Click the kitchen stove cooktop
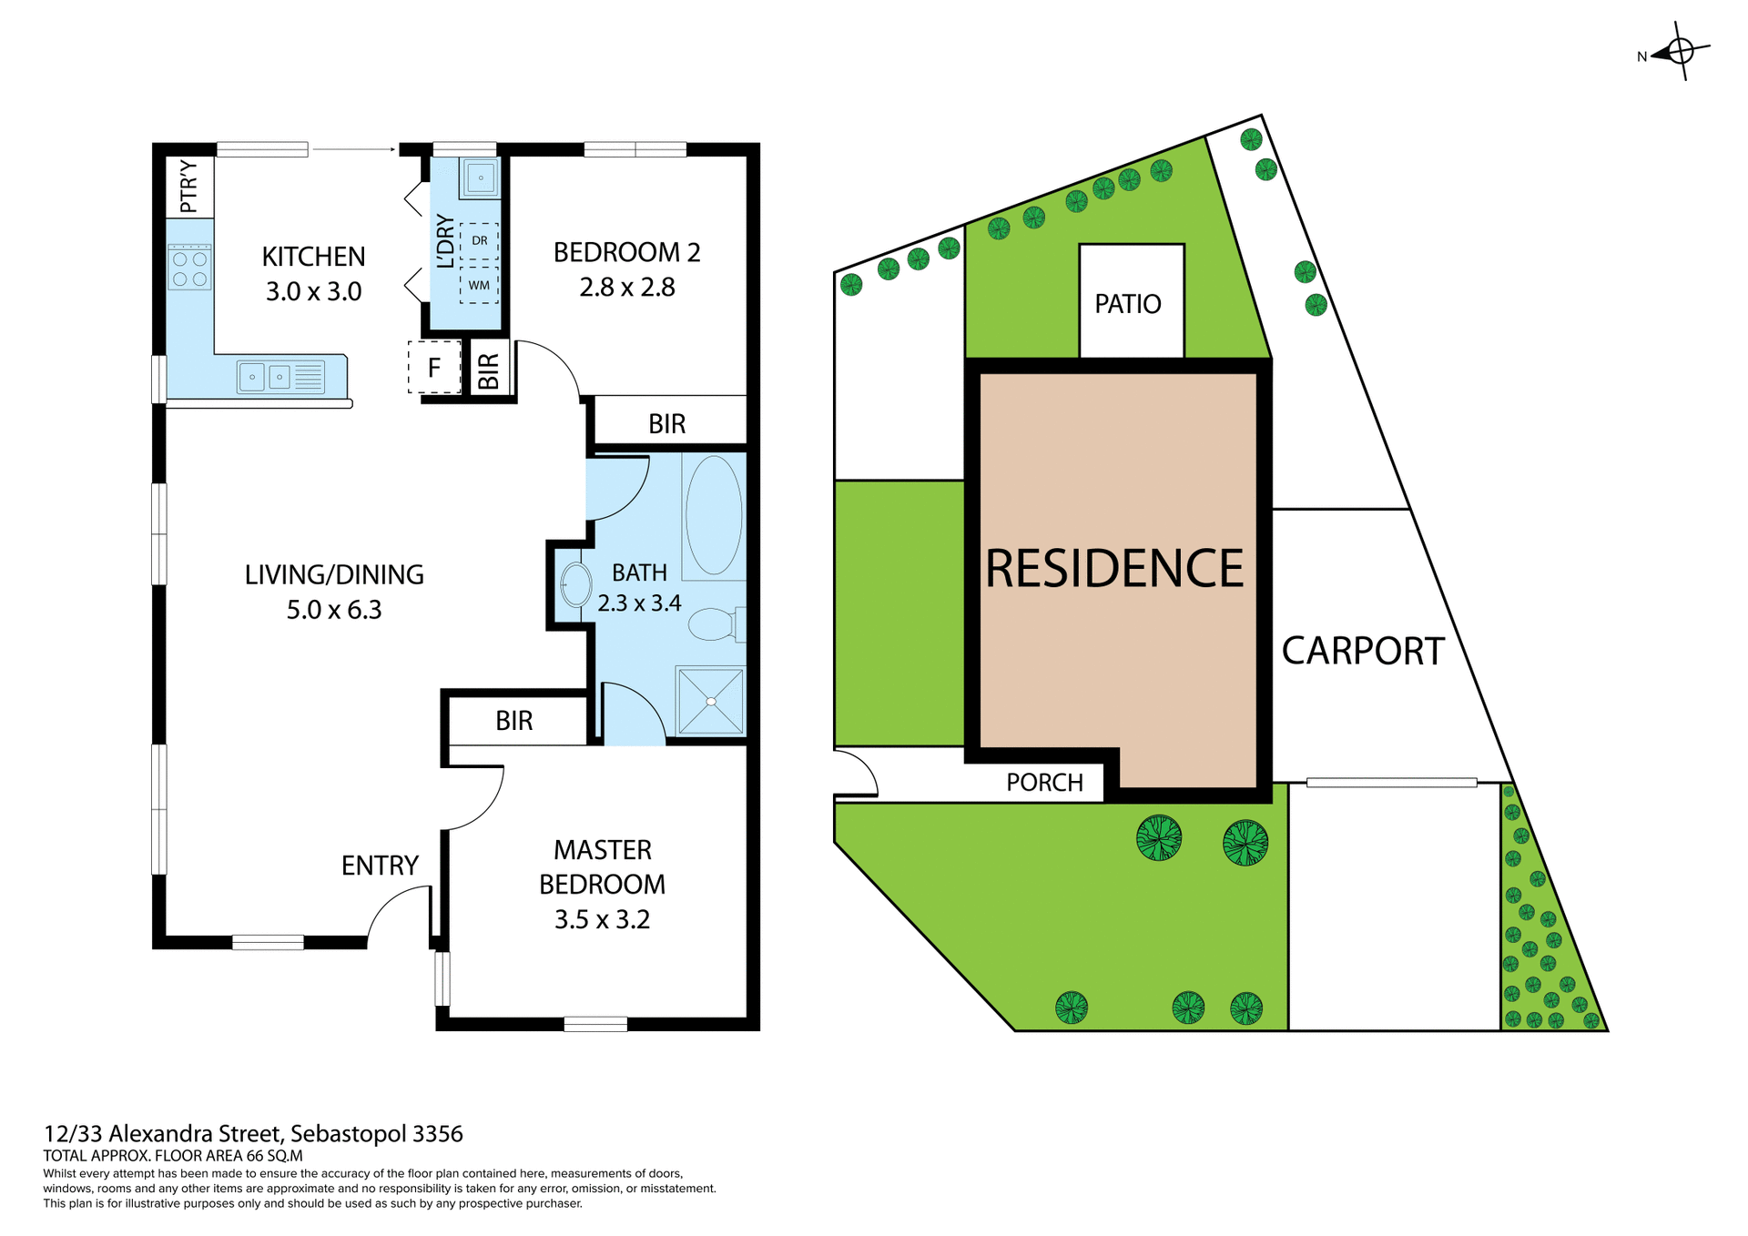pyautogui.click(x=189, y=268)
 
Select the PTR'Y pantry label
pyautogui.click(x=188, y=187)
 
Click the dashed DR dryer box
pyautogui.click(x=479, y=241)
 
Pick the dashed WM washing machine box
pyautogui.click(x=479, y=285)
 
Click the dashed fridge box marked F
pyautogui.click(x=434, y=368)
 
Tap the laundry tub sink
pyautogui.click(x=480, y=177)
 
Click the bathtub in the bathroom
pyautogui.click(x=713, y=516)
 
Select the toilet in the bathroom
pyautogui.click(x=716, y=624)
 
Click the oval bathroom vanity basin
pyautogui.click(x=575, y=585)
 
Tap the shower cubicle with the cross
pyautogui.click(x=710, y=701)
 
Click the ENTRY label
pyautogui.click(x=380, y=866)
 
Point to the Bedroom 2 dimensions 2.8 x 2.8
pyautogui.click(x=626, y=288)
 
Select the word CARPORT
pyautogui.click(x=1362, y=652)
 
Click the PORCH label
pyautogui.click(x=1044, y=783)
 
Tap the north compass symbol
pyautogui.click(x=1679, y=52)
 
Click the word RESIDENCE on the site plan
pyautogui.click(x=1114, y=569)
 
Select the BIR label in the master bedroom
pyautogui.click(x=513, y=721)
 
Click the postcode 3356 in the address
pyautogui.click(x=438, y=1134)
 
